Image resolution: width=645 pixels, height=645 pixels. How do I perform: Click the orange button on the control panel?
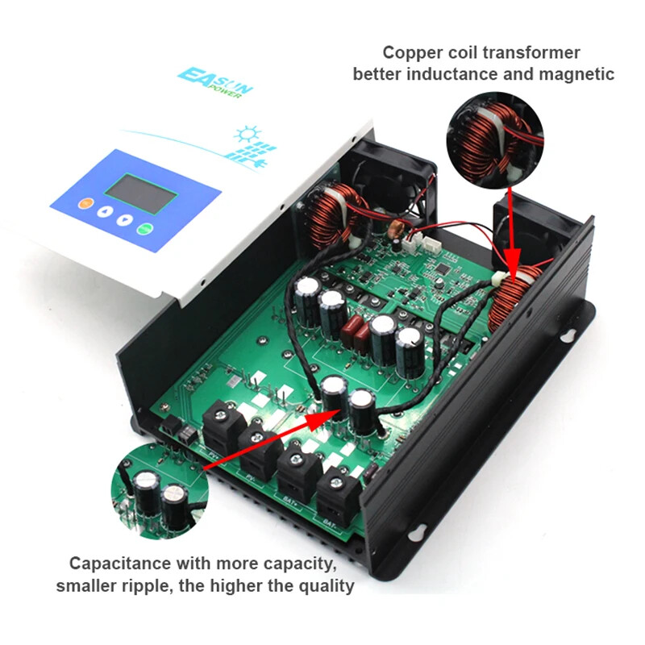coord(85,202)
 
